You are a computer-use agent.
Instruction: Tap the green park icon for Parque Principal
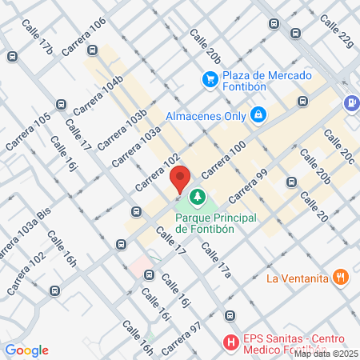click(x=197, y=196)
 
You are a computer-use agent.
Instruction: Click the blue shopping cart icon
click(x=210, y=79)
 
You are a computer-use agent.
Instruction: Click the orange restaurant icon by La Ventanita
click(x=341, y=278)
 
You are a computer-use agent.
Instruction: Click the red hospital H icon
click(x=231, y=343)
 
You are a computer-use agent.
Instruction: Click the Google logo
click(x=26, y=350)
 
